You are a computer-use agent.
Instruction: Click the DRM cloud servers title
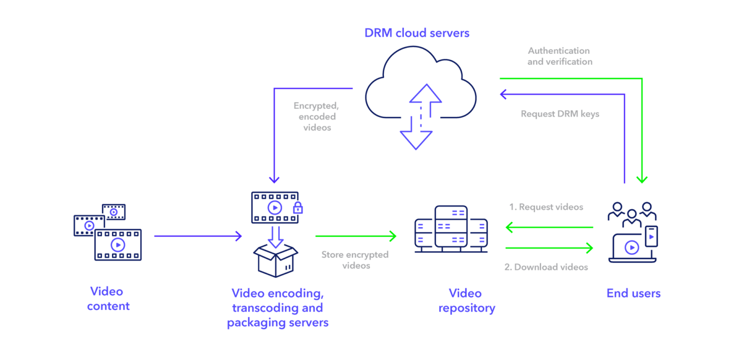tap(417, 33)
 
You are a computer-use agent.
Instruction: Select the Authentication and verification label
tap(559, 56)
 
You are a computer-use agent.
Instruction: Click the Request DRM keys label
tap(560, 114)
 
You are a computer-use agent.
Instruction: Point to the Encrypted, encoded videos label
tap(315, 116)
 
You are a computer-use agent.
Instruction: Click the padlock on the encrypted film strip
tap(298, 208)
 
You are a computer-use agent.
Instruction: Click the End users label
tap(634, 293)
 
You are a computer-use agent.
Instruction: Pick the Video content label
tap(108, 299)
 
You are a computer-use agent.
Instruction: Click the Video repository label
tap(467, 301)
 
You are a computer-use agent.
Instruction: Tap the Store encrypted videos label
tap(354, 260)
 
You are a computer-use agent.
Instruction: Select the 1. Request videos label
tap(546, 207)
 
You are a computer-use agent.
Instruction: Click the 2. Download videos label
tap(546, 267)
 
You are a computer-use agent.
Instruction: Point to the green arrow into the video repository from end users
tap(548, 227)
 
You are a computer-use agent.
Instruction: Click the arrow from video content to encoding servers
tap(198, 236)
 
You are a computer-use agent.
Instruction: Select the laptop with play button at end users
tap(631, 248)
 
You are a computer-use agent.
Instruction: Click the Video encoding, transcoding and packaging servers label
tap(277, 308)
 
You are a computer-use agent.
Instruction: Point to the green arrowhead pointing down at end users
tap(642, 179)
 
